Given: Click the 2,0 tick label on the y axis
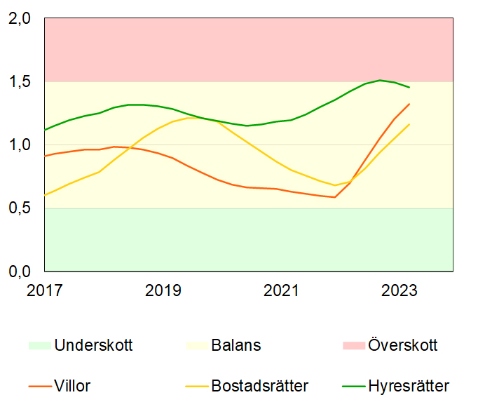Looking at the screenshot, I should coord(20,19).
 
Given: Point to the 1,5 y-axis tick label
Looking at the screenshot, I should coord(20,82).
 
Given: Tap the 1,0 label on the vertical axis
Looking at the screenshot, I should coord(20,145).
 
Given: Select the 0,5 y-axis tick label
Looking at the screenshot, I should coord(20,208).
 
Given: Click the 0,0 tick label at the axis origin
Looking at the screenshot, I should coord(20,272).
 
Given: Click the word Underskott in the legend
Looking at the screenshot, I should coord(93,345).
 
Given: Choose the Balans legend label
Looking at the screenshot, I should coord(235,345).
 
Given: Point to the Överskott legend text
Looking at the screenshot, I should coord(402,345).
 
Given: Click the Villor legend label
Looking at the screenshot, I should coord(72,385).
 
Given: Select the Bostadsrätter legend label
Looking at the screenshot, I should coord(259,385).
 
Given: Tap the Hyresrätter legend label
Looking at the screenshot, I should coord(409,385).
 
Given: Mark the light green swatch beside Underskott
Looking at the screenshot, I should coord(40,345).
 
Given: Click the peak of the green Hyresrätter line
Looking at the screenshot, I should coord(380,80).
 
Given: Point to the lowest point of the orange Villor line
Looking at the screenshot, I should coord(335,197).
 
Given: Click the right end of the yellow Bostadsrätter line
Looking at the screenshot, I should coord(409,124).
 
